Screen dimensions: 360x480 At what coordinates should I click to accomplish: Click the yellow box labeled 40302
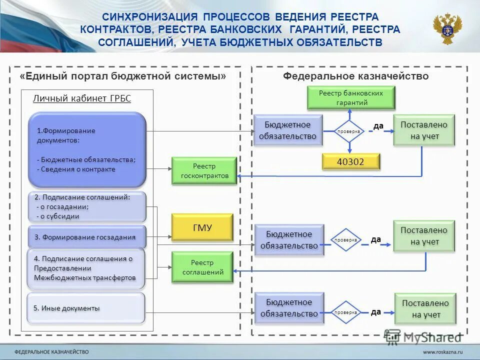pyautogui.click(x=350, y=161)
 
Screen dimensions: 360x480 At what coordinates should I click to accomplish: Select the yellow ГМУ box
pyautogui.click(x=202, y=227)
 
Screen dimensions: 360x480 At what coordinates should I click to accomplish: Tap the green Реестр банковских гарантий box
pyautogui.click(x=351, y=98)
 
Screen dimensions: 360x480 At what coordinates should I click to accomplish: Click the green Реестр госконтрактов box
pyautogui.click(x=204, y=171)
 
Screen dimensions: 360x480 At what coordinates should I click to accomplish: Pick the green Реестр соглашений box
pyautogui.click(x=202, y=267)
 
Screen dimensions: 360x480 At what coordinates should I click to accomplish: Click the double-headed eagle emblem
pyautogui.click(x=447, y=29)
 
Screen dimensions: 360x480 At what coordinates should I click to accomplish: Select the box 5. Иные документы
pyautogui.click(x=86, y=308)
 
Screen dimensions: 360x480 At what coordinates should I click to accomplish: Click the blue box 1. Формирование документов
pyautogui.click(x=87, y=149)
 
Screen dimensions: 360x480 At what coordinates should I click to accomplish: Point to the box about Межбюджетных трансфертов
pyautogui.click(x=86, y=268)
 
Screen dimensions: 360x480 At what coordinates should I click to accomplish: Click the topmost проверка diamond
pyautogui.click(x=349, y=131)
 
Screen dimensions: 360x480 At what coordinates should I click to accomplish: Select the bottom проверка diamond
pyautogui.click(x=346, y=312)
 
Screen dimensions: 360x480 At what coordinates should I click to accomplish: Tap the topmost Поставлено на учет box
pyautogui.click(x=424, y=130)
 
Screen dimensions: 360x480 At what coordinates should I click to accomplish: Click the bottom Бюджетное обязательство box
pyautogui.click(x=289, y=308)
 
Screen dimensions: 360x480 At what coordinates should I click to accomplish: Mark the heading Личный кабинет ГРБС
pyautogui.click(x=82, y=98)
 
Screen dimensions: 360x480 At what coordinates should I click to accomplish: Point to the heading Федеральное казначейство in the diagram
pyautogui.click(x=355, y=76)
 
